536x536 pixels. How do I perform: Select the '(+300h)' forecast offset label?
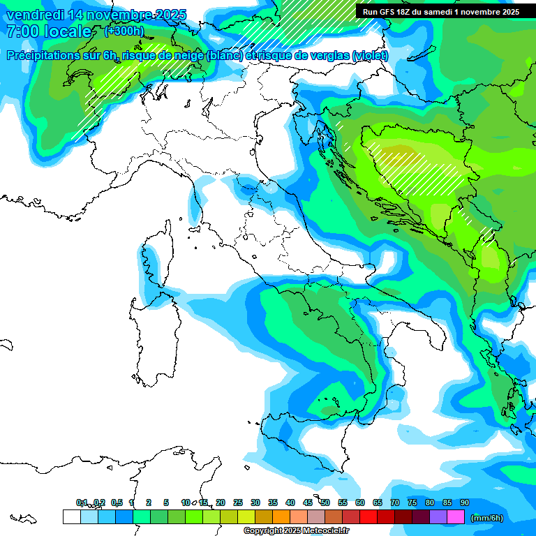[124, 31]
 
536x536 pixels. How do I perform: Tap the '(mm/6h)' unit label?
[487, 518]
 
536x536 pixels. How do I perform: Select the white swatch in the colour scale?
[71, 517]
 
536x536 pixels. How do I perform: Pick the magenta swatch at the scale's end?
[456, 517]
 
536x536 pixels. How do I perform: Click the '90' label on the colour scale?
[465, 502]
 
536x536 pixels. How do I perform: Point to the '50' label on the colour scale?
[325, 502]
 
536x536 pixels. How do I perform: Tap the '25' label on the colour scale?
[238, 502]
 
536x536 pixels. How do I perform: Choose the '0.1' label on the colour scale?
[82, 502]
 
